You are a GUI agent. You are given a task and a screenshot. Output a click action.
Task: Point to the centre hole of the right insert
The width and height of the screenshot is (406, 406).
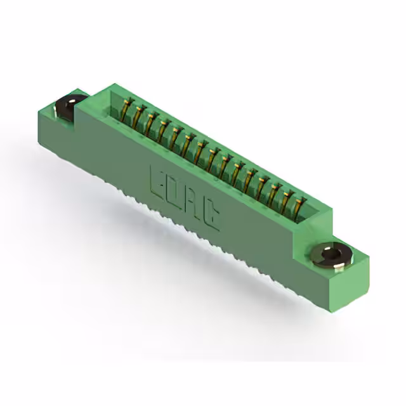331,255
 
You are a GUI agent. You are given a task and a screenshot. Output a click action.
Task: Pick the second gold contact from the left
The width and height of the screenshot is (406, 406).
139,115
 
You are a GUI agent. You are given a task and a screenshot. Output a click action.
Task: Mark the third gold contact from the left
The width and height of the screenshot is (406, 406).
151,122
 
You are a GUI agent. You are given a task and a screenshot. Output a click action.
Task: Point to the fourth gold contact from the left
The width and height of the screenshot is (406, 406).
163,129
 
